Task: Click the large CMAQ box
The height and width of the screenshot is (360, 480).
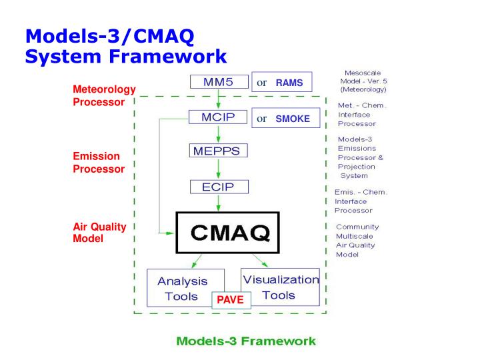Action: click(x=230, y=233)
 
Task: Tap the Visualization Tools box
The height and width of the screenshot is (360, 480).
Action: click(x=281, y=287)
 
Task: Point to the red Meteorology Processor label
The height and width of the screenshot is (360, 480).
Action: click(x=104, y=95)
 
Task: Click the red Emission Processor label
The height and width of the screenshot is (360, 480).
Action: click(x=99, y=163)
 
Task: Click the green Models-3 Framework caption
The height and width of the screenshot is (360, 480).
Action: click(x=246, y=341)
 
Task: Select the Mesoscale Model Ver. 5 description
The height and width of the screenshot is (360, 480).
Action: click(x=363, y=81)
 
